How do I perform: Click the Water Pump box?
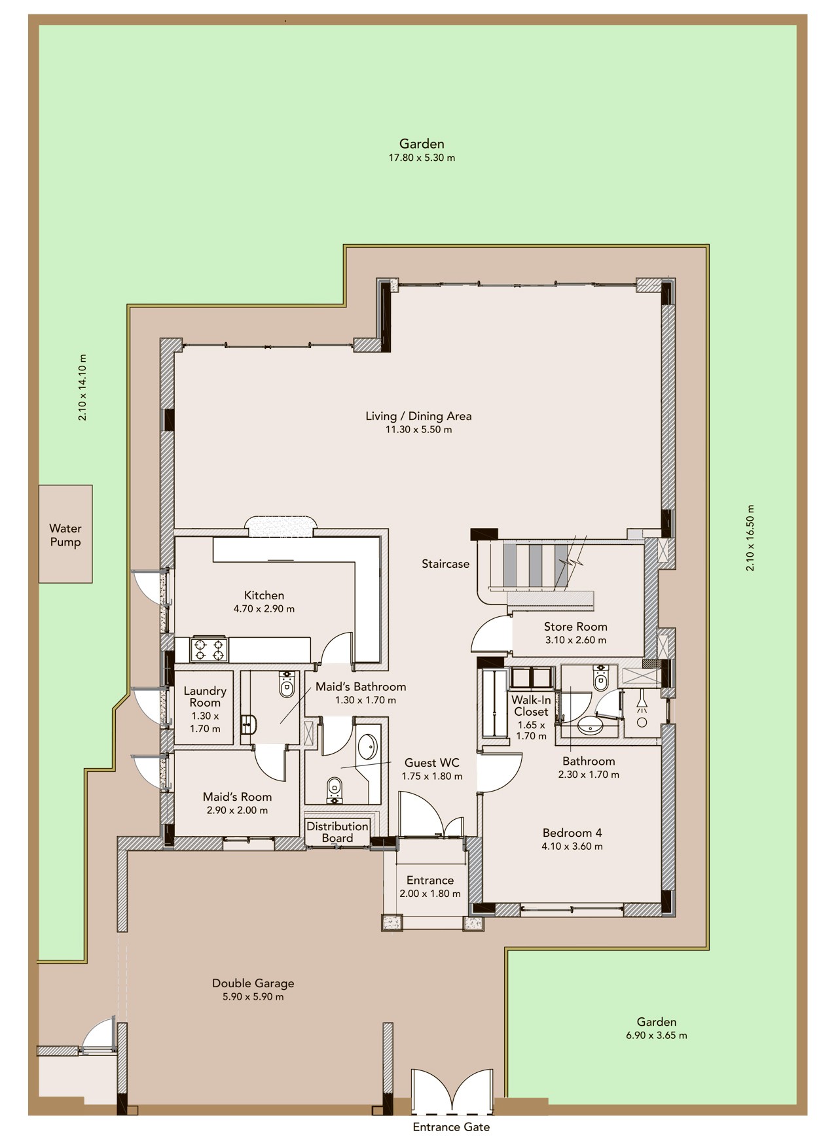(65, 534)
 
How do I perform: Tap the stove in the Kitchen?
(209, 650)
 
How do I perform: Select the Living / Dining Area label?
(418, 416)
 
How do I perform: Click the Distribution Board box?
(338, 832)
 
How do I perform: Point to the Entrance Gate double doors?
(452, 1092)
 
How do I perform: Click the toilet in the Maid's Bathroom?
(287, 684)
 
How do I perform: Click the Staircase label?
(445, 564)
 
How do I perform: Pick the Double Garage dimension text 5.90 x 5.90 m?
(253, 997)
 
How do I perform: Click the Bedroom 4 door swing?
(500, 772)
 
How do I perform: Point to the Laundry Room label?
(205, 697)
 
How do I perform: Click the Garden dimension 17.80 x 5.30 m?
(422, 158)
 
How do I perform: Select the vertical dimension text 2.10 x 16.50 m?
(750, 538)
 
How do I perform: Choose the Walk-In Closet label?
(531, 706)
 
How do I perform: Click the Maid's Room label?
(237, 797)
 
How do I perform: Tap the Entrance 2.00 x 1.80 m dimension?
(430, 894)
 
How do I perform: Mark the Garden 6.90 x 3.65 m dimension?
(657, 1036)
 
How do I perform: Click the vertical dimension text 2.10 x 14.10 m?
(82, 387)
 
